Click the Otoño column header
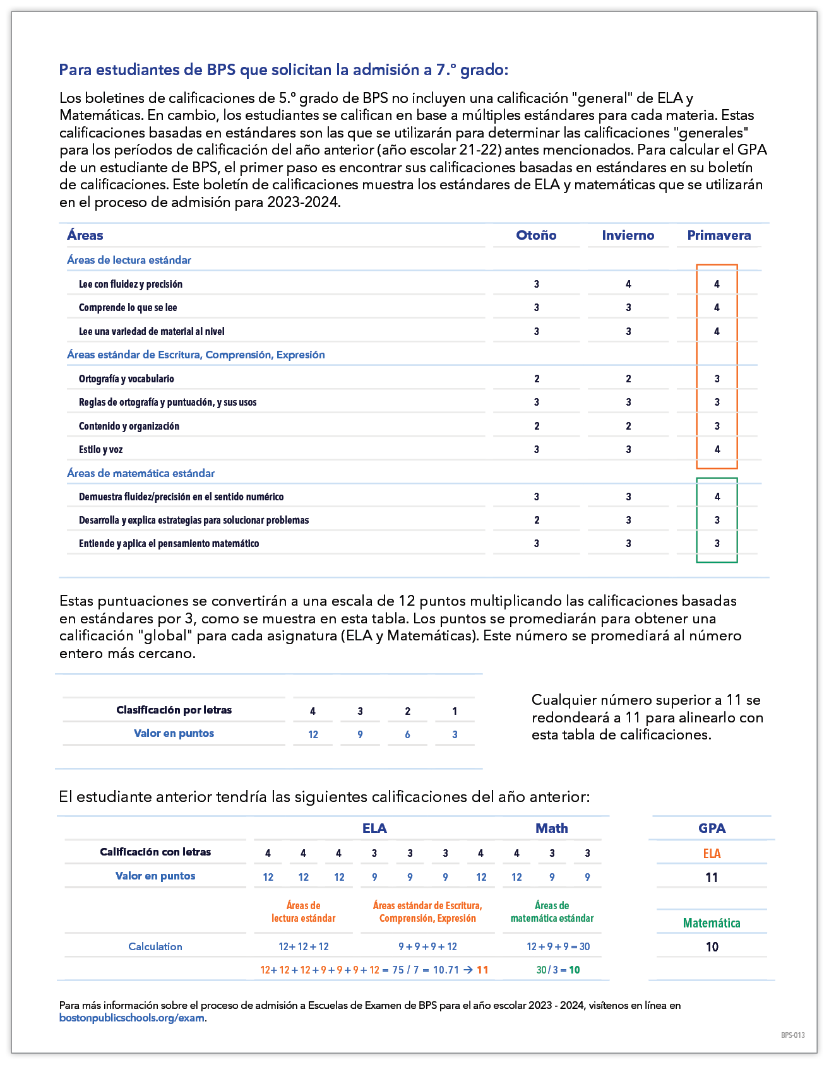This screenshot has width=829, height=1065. click(x=536, y=235)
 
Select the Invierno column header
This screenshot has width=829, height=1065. click(x=628, y=235)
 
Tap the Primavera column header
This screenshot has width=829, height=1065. click(x=719, y=235)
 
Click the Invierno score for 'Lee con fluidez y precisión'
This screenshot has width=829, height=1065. click(x=628, y=284)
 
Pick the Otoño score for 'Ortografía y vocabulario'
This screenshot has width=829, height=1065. click(x=537, y=379)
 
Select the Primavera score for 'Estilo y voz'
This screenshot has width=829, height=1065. click(x=717, y=449)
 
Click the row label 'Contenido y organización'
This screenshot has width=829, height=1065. click(x=129, y=426)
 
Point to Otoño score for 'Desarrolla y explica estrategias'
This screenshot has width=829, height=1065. click(x=537, y=520)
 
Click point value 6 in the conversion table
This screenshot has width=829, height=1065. click(x=407, y=734)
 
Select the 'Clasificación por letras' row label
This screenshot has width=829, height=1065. click(x=174, y=710)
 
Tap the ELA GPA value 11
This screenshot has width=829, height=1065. click(x=712, y=877)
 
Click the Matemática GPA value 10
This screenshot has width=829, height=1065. click(x=712, y=946)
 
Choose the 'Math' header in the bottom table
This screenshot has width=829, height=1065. click(x=551, y=828)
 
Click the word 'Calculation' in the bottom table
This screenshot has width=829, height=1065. click(x=155, y=946)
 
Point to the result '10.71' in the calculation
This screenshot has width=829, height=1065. click(x=446, y=970)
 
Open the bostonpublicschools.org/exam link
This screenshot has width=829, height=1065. click(x=131, y=1018)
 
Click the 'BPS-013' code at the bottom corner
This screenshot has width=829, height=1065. click(x=792, y=1035)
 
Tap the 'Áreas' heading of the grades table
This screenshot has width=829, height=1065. click(x=85, y=235)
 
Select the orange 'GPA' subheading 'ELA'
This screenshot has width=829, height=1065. click(x=712, y=854)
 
